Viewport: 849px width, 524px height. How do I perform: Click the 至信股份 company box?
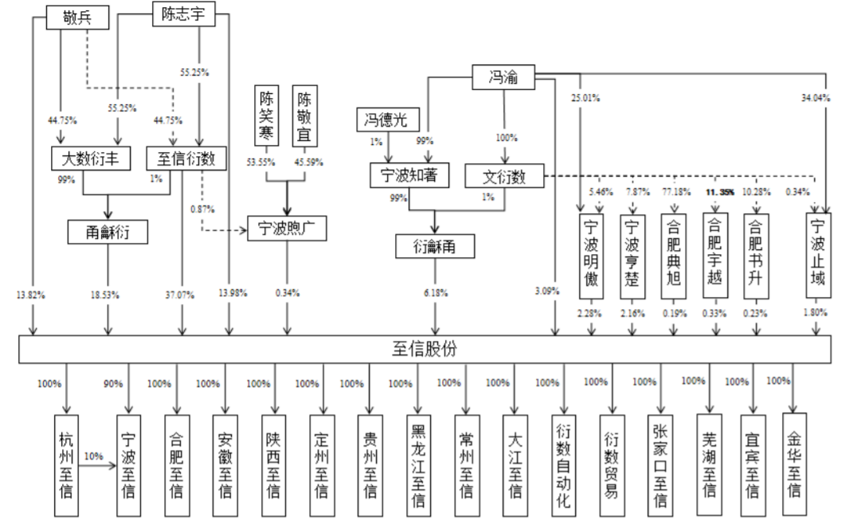[x=424, y=349]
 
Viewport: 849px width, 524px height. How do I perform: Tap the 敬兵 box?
[x=77, y=18]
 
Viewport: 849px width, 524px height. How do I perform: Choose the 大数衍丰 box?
[x=90, y=158]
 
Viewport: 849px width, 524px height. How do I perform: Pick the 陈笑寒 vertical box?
[x=267, y=116]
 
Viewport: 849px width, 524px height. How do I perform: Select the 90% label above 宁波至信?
[x=113, y=384]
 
